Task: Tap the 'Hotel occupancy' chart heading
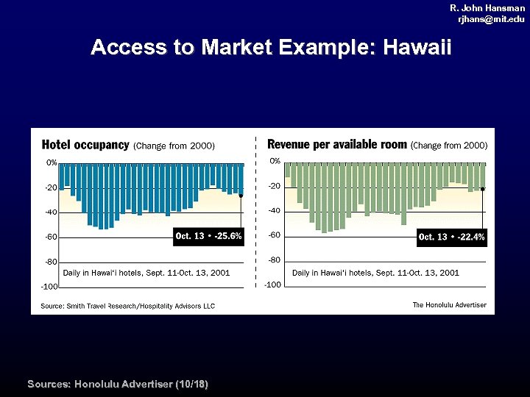pos(85,145)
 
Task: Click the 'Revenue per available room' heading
pos(337,144)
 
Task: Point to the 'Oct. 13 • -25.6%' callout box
pos(208,236)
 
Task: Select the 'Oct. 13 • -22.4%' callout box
pos(451,237)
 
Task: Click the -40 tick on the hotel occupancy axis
pos(52,212)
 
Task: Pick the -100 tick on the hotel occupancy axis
pos(50,286)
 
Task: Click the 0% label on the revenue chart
pos(275,161)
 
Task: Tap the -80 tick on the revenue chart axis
pos(274,260)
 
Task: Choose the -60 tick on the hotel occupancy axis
pos(52,237)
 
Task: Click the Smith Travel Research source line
pos(127,306)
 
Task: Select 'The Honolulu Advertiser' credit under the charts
pos(449,305)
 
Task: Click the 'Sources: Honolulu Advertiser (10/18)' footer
pos(118,385)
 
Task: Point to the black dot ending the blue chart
pos(241,196)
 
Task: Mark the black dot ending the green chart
pos(482,189)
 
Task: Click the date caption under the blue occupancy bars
pos(146,273)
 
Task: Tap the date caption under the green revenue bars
pos(375,273)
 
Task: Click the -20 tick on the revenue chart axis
pos(274,186)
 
